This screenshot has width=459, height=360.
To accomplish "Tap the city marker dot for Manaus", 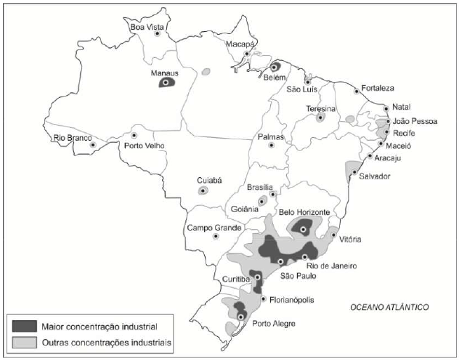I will pos(166,83).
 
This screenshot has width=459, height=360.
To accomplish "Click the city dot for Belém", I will pos(275,66).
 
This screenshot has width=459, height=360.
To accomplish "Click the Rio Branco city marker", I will pos(92,145).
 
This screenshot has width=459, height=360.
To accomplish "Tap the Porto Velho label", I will pos(145,145).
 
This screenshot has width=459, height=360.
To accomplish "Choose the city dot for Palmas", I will pos(272,144).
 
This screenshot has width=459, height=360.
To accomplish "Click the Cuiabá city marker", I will pos(203,191).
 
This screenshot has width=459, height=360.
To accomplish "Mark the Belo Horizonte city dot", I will pos(303,229).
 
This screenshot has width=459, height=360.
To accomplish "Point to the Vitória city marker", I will pos(333,234).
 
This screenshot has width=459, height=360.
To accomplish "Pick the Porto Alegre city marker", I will pos(240,317).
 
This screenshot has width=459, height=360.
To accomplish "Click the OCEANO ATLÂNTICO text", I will pos(390,308).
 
